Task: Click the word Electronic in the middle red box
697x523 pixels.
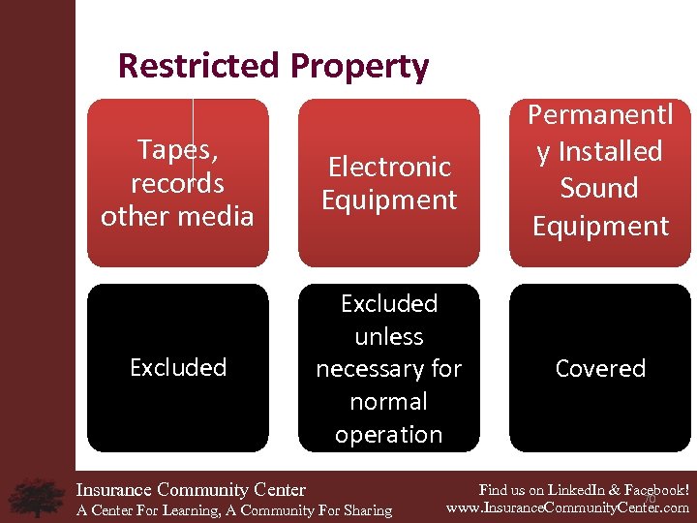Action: [389, 167]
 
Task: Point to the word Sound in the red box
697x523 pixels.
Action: [600, 188]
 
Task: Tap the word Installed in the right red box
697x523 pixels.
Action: [610, 152]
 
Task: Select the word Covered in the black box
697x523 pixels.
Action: [600, 368]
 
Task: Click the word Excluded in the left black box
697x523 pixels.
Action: [178, 367]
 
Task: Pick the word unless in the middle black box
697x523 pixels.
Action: [389, 336]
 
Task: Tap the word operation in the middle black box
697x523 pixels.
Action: [388, 435]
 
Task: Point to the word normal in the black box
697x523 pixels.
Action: [388, 402]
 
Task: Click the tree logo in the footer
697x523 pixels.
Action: [36, 497]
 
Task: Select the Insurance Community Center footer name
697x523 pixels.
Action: [191, 490]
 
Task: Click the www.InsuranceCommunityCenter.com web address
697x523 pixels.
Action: [567, 507]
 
